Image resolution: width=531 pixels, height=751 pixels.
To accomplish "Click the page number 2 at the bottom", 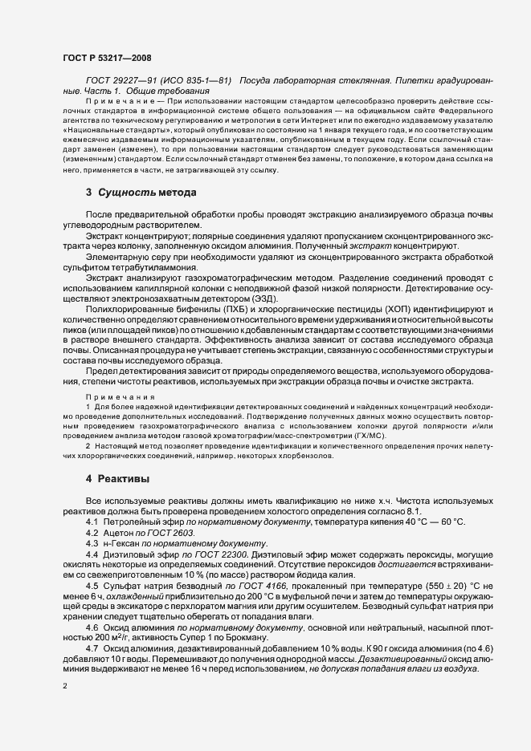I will click(x=65, y=686).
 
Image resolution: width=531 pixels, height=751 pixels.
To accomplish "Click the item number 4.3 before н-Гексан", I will click(x=92, y=543).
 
